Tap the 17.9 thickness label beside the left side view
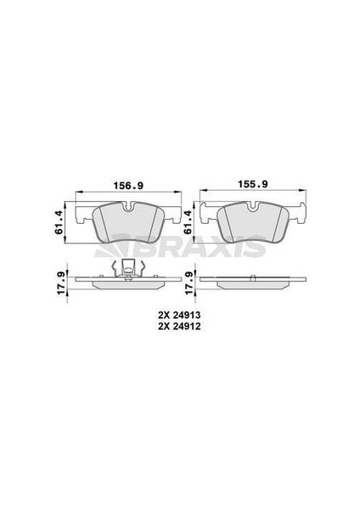tap(59, 277)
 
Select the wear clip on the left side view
tap(127, 269)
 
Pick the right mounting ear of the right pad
tap(300, 214)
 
